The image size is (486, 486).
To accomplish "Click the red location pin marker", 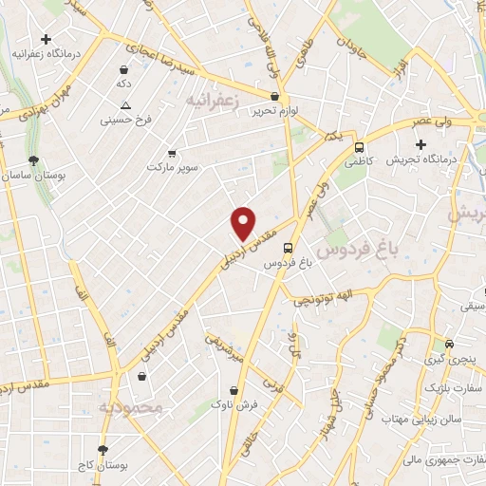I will click(x=244, y=222).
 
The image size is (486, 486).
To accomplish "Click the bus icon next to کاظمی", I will click(x=359, y=147).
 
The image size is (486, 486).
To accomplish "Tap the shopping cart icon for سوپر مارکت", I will click(x=171, y=153).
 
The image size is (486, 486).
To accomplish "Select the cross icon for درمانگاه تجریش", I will click(x=421, y=143).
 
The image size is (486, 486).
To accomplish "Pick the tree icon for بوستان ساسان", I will click(x=34, y=160).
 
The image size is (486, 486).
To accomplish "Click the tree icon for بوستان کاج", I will click(x=103, y=450).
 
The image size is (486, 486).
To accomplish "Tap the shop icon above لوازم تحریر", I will click(x=275, y=96).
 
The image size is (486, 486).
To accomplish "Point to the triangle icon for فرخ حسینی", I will click(x=125, y=105).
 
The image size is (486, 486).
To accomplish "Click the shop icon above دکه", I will click(x=124, y=69).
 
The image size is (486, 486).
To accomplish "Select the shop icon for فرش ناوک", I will click(x=234, y=390).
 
